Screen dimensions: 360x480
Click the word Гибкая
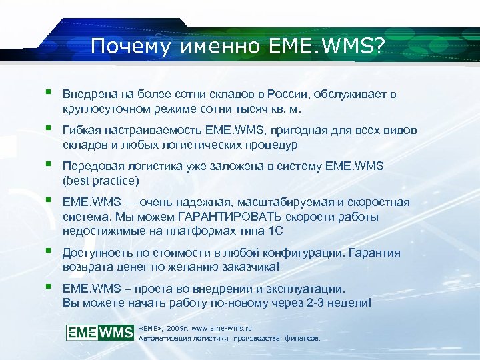click(81, 130)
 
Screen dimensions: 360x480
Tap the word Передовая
click(91, 166)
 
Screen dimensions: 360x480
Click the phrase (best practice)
click(101, 181)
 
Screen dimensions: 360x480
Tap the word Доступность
click(96, 253)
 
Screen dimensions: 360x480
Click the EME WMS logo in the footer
click(100, 331)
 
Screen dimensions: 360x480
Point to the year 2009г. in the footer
click(178, 328)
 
